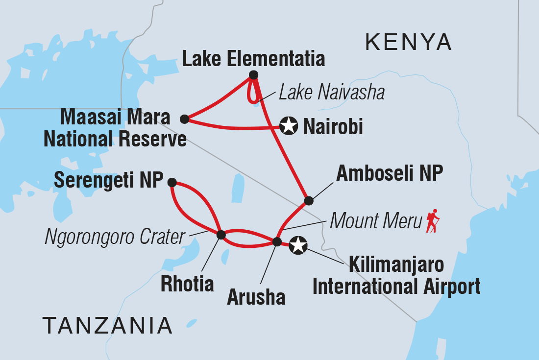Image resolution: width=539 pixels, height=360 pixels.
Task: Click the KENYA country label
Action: (408, 43)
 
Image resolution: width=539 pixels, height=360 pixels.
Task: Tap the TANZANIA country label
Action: (107, 325)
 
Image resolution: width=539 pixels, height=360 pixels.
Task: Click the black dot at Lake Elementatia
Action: (253, 75)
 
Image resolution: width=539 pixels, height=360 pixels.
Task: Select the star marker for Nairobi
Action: (289, 126)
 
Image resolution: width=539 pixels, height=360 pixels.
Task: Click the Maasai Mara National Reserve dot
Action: (184, 119)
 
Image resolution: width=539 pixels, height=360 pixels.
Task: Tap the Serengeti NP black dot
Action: (172, 182)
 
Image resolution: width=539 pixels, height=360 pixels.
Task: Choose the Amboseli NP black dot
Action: (309, 200)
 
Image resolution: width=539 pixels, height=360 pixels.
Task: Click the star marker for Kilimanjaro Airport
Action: (298, 245)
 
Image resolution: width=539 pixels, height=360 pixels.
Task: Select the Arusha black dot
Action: (277, 241)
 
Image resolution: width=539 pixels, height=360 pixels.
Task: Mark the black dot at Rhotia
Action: (221, 235)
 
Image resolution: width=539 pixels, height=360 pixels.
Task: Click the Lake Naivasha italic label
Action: (331, 92)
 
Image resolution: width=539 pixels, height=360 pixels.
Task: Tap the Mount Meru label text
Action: (376, 221)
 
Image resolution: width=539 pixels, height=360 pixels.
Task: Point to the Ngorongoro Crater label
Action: (115, 237)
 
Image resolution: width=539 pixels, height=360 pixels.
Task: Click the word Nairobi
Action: (333, 127)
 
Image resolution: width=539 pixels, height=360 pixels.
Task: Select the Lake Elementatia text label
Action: (253, 59)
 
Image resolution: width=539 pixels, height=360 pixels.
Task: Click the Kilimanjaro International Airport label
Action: (396, 276)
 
